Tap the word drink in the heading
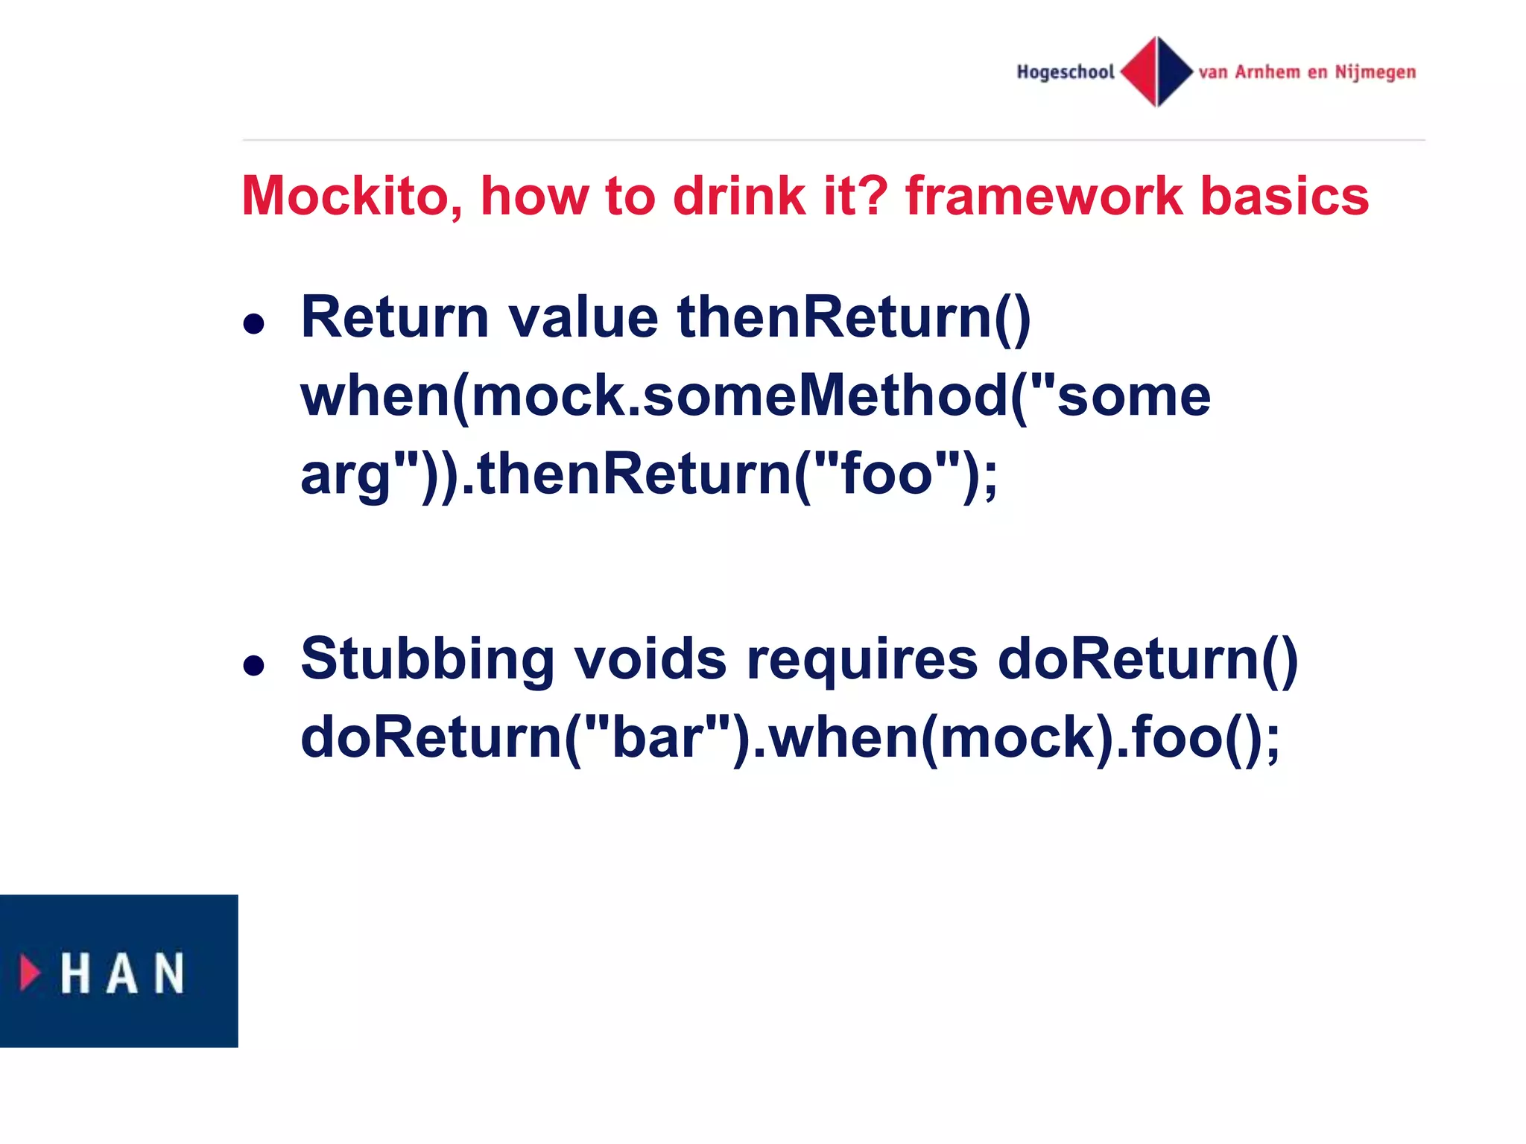(738, 197)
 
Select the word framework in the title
(1044, 197)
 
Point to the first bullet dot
(254, 324)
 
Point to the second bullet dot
(254, 665)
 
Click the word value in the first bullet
(583, 318)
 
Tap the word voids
(650, 660)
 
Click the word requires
(862, 660)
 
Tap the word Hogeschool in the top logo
(1066, 72)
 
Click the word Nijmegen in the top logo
(1375, 73)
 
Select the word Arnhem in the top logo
(1267, 72)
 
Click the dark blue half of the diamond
(1173, 71)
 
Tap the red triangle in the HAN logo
(29, 973)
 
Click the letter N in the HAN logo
(169, 973)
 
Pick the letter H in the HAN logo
(75, 973)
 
